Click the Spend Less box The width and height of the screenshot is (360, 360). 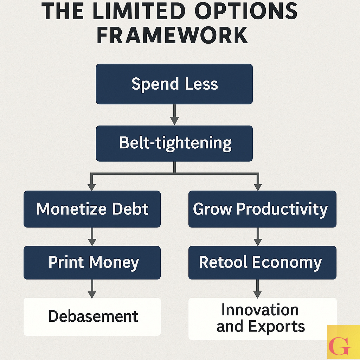[174, 84]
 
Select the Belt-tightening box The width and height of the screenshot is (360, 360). [174, 143]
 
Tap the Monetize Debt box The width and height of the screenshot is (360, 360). [92, 209]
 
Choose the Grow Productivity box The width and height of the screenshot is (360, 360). [262, 209]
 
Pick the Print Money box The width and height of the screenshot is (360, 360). [92, 263]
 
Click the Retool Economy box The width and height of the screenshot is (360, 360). [262, 263]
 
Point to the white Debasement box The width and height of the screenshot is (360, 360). [92, 316]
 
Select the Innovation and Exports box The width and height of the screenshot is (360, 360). [262, 319]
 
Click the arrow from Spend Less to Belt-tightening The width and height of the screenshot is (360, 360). [174, 115]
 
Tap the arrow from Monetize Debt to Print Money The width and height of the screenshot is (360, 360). [92, 237]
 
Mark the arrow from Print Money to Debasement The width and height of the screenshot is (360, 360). [92, 289]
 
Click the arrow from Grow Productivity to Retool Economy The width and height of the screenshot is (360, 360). [258, 237]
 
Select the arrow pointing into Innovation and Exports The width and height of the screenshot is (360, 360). [258, 289]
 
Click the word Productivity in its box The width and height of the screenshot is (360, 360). [282, 210]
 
